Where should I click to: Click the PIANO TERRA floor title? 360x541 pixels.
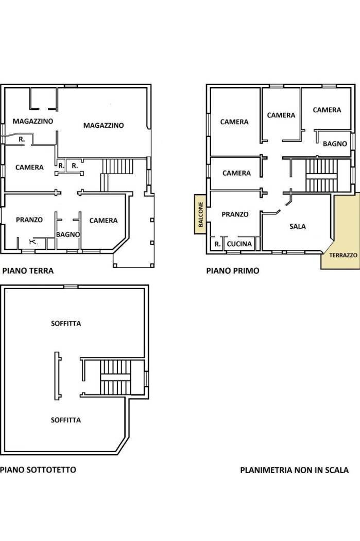pyautogui.click(x=28, y=270)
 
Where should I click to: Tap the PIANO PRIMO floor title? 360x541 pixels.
pyautogui.click(x=232, y=270)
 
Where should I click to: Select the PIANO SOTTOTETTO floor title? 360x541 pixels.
pyautogui.click(x=38, y=469)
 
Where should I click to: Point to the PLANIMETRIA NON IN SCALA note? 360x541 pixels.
pyautogui.click(x=294, y=470)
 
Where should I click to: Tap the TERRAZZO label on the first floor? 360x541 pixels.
pyautogui.click(x=343, y=256)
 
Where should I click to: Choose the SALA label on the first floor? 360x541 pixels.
pyautogui.click(x=298, y=226)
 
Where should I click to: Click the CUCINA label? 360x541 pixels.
pyautogui.click(x=239, y=244)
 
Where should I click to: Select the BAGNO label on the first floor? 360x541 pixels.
pyautogui.click(x=335, y=144)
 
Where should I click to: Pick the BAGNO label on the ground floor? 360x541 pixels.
pyautogui.click(x=68, y=234)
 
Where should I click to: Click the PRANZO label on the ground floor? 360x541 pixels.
pyautogui.click(x=29, y=220)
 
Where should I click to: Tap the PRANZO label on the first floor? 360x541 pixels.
pyautogui.click(x=235, y=214)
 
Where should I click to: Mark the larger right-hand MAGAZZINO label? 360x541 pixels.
pyautogui.click(x=104, y=125)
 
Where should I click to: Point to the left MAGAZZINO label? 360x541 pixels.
pyautogui.click(x=33, y=121)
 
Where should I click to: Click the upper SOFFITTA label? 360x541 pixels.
pyautogui.click(x=66, y=323)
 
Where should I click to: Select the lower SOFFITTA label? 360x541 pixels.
pyautogui.click(x=66, y=420)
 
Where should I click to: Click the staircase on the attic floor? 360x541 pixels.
pyautogui.click(x=115, y=377)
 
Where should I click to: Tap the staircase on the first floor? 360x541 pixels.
pyautogui.click(x=321, y=176)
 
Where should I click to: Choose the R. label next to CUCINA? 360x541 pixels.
pyautogui.click(x=217, y=244)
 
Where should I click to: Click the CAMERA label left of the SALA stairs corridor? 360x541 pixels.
pyautogui.click(x=236, y=173)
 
